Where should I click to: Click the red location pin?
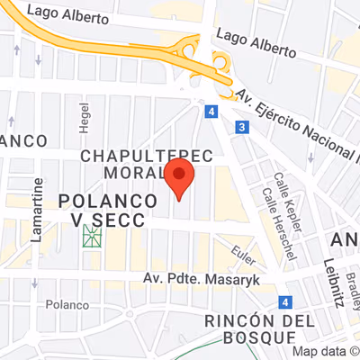tap(178, 178)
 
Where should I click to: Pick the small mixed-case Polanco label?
tap(67, 305)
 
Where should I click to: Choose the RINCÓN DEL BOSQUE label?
tap(259, 328)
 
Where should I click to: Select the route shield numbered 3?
tap(242, 129)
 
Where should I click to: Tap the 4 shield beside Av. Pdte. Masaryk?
tap(284, 303)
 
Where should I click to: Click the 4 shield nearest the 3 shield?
tap(211, 112)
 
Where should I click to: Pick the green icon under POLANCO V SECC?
tap(91, 238)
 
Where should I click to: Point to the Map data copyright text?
tap(329, 352)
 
